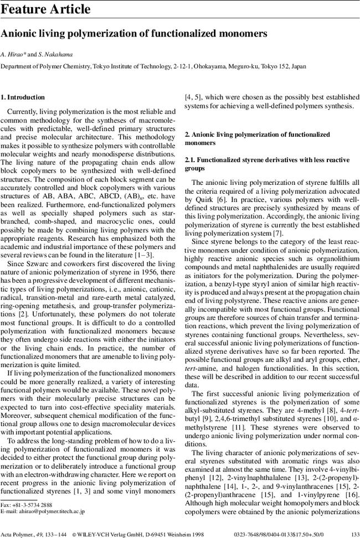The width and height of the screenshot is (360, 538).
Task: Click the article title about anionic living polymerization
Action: point(135,33)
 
